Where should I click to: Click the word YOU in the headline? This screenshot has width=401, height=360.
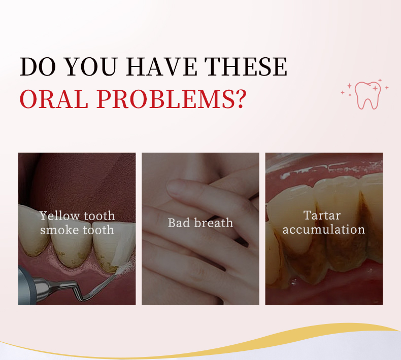(92, 66)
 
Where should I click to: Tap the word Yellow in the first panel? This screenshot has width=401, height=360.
(60, 216)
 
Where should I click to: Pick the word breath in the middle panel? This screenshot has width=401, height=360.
(213, 223)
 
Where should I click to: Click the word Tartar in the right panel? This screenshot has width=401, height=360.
(322, 215)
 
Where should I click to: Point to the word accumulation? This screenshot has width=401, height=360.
(324, 229)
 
